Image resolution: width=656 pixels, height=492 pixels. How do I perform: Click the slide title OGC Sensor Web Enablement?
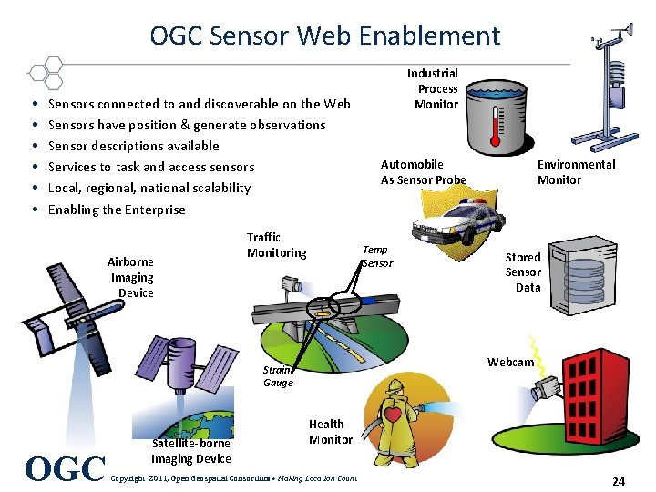click(x=325, y=36)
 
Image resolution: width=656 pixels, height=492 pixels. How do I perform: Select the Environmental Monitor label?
click(x=575, y=172)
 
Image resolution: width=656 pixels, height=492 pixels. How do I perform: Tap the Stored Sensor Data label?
click(x=523, y=272)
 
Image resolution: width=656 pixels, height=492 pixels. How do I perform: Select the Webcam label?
click(x=510, y=363)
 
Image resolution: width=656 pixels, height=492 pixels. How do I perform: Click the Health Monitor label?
click(x=330, y=432)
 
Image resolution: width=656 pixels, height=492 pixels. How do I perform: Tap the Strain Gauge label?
click(x=278, y=376)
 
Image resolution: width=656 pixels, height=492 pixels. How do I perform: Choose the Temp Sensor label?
click(x=376, y=256)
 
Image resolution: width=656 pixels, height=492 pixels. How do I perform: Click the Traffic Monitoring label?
click(x=276, y=245)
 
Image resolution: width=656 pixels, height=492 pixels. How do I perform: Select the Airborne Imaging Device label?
click(x=132, y=277)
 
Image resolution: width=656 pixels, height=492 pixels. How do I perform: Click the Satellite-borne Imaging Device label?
click(x=190, y=451)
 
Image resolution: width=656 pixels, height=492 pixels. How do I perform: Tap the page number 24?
click(x=618, y=481)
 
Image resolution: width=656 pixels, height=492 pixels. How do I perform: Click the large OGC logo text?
click(x=67, y=468)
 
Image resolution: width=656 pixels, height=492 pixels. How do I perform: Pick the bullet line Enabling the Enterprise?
click(x=117, y=210)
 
